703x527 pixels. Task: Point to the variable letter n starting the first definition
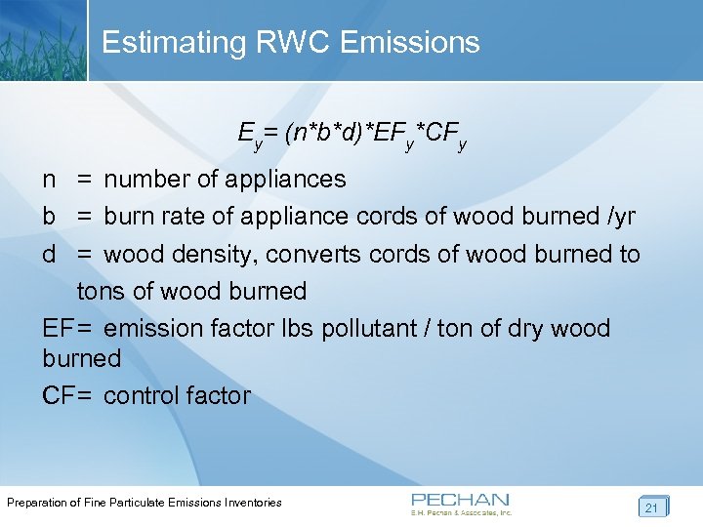tap(49, 180)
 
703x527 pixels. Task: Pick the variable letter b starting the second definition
tap(49, 217)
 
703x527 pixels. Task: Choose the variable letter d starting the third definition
tap(49, 255)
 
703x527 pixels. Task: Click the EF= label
tap(66, 328)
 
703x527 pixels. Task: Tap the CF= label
tap(66, 395)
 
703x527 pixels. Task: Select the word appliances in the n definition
tap(285, 180)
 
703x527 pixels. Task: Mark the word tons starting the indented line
tap(102, 291)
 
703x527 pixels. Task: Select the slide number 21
tap(651, 507)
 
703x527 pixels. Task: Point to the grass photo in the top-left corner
tap(42, 39)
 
